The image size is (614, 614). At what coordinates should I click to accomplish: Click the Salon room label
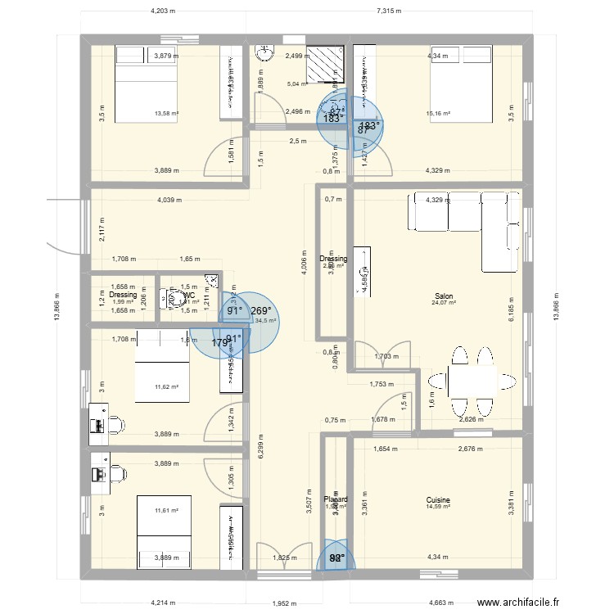pos(445,296)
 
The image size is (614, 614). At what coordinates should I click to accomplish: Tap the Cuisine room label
pos(438,499)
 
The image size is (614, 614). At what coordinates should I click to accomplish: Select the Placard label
pos(336,499)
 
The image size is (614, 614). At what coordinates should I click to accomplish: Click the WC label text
pos(189,295)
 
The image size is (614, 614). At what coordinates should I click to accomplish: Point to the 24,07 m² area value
pos(445,305)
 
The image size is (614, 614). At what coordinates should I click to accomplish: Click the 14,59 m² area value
pos(438,508)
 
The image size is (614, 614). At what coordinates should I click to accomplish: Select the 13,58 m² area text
pos(167,115)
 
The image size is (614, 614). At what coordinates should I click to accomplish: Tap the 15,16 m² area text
pos(439,114)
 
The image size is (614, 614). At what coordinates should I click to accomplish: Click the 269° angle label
pos(261,311)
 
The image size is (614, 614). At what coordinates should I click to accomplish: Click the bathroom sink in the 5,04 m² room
pos(264,54)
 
